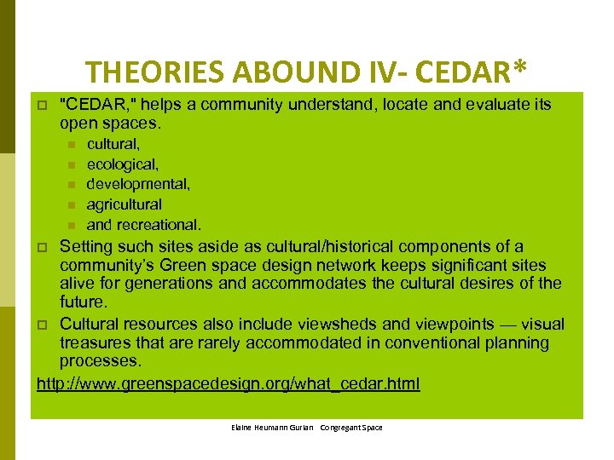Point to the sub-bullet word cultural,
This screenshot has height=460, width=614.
tap(113, 145)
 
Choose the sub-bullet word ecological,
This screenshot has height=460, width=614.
tap(123, 164)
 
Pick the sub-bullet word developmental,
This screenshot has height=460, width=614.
tap(138, 184)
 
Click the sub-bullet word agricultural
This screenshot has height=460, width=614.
tap(125, 204)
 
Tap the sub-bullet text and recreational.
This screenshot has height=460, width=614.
tap(144, 225)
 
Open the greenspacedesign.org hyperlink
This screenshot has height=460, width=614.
tap(229, 383)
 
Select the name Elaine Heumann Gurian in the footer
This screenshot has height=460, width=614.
tap(271, 428)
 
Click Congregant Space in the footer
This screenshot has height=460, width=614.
tap(351, 428)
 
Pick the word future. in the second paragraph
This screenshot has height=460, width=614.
tap(83, 302)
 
